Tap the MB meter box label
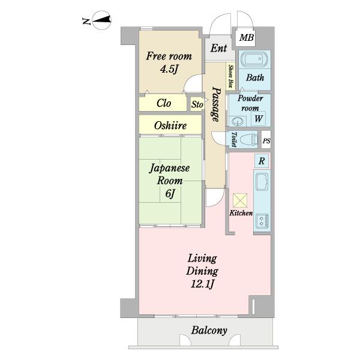click(247, 37)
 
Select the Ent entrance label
click(218, 48)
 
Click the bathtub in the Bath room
click(254, 59)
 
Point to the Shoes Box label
click(230, 76)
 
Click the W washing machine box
click(258, 119)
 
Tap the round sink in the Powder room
click(238, 121)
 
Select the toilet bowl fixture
click(248, 140)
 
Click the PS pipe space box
click(266, 140)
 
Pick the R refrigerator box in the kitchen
click(262, 161)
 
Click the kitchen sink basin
click(262, 182)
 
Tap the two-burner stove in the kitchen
click(262, 221)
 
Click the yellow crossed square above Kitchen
click(240, 200)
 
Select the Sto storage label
click(197, 104)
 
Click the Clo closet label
click(164, 103)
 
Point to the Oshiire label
click(170, 125)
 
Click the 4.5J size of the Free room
click(169, 69)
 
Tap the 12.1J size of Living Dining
click(203, 284)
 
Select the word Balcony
click(209, 331)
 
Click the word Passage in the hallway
click(216, 104)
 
